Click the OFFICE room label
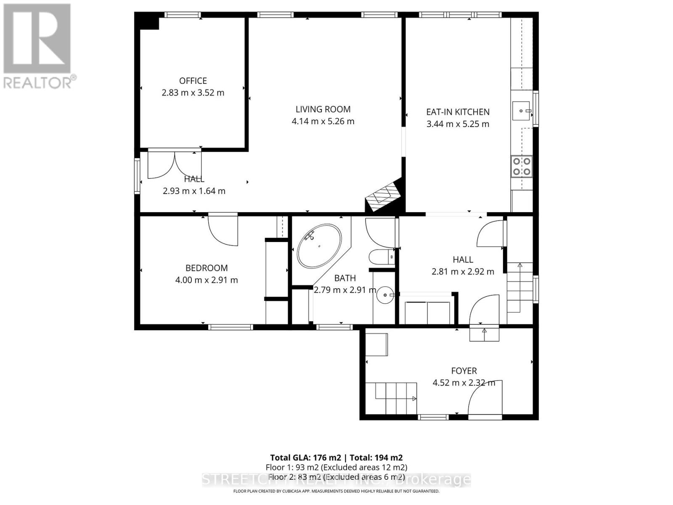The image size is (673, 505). tap(193, 81)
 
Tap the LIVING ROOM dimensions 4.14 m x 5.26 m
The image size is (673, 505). tap(323, 121)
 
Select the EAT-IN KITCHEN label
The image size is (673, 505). tap(458, 112)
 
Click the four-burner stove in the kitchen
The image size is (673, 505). tap(522, 166)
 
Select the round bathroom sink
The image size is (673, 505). tap(384, 295)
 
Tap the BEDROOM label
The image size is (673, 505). tap(207, 268)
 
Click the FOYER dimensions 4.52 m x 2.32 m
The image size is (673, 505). tap(464, 383)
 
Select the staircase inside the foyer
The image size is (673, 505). tap(391, 398)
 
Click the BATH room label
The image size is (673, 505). tap(345, 278)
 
